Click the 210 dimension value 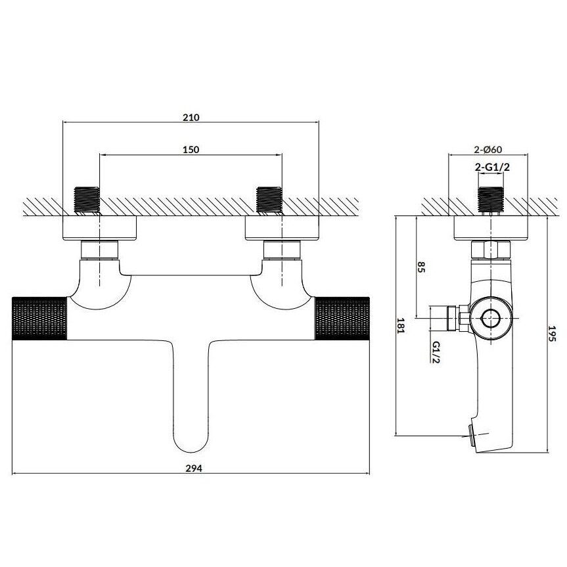click(x=191, y=117)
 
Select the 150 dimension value click(x=191, y=149)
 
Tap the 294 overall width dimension click(x=194, y=468)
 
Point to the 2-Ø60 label click(x=488, y=149)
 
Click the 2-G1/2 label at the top click(x=492, y=167)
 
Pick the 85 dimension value click(x=421, y=267)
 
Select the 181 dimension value click(x=401, y=325)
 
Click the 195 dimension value click(x=552, y=333)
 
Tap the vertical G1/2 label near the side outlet click(x=436, y=352)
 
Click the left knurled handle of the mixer click(x=39, y=318)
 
